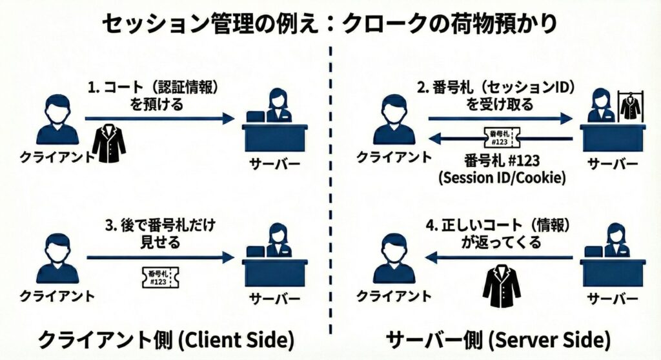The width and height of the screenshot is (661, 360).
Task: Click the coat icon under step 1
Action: coord(108,144)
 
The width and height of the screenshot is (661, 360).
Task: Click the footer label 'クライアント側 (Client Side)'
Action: coord(166,339)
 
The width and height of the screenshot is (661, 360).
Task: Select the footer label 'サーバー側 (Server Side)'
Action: coord(498,339)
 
